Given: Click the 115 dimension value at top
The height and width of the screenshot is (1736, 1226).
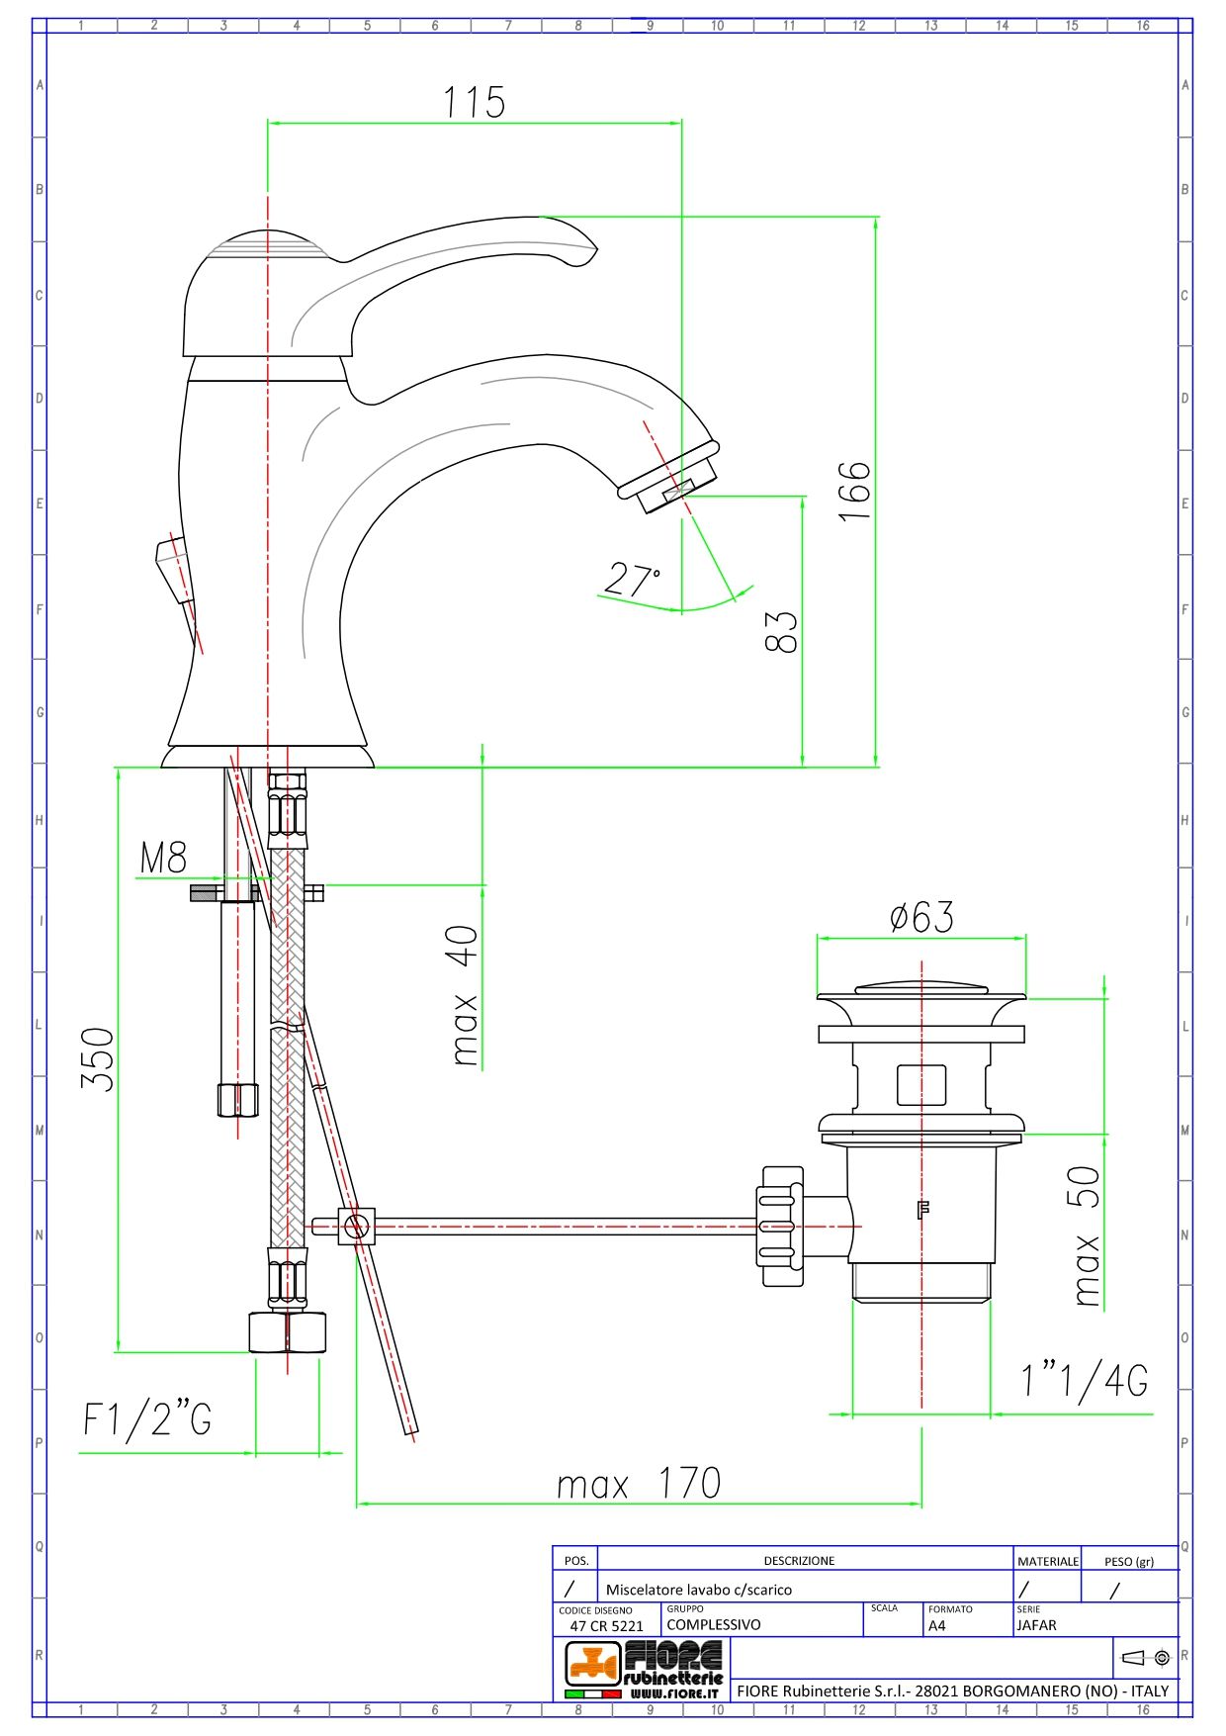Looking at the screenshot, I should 474,102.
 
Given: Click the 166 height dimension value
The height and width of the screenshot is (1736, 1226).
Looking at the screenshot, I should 855,491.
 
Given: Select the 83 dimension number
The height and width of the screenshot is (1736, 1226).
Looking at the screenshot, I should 781,631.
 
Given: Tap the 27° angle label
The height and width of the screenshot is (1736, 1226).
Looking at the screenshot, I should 632,579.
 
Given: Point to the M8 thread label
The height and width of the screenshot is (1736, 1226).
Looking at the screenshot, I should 163,858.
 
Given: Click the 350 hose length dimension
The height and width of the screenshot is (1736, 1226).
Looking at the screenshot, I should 98,1059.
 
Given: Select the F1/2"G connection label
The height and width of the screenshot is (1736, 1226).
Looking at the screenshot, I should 147,1419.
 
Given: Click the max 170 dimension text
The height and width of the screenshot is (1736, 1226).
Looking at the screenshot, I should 639,1484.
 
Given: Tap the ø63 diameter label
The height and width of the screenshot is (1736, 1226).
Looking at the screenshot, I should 921,917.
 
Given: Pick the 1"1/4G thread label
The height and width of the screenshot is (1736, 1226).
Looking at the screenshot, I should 1085,1380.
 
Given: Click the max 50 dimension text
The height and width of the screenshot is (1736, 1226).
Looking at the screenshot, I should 1086,1236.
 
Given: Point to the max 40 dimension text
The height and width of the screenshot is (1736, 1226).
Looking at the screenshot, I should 464,996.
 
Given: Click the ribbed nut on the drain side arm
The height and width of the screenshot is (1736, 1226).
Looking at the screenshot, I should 781,1226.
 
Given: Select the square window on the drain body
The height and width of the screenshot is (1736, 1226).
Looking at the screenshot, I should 920,1085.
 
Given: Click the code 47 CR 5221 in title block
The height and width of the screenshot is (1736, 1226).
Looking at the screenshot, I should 606,1626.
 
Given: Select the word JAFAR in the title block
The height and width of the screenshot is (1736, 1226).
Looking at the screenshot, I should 1036,1625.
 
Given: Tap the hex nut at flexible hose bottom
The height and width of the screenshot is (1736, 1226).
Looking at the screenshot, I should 287,1331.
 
